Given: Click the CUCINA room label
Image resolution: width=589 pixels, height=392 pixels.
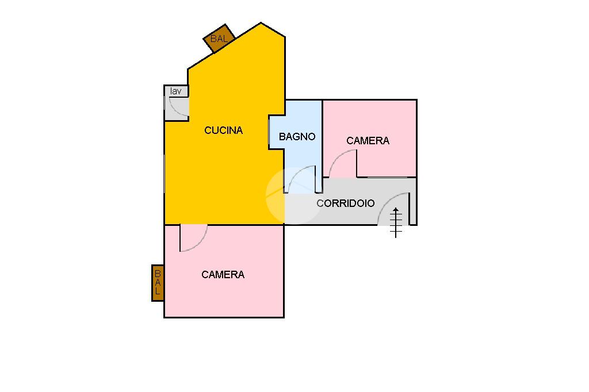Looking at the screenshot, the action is pos(223,130).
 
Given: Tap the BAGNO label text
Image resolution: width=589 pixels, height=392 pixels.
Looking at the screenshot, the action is pos(297,137).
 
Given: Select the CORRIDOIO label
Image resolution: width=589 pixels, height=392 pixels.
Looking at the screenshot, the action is pos(345,203).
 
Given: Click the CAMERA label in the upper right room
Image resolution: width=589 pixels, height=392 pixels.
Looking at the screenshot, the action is pos(368,141).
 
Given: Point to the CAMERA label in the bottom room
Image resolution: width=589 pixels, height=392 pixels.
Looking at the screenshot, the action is pos(223,275).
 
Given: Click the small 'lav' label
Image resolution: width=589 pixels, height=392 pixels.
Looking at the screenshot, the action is pos(175,91).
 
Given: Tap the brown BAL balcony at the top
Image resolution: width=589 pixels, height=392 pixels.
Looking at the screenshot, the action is pos(219,39).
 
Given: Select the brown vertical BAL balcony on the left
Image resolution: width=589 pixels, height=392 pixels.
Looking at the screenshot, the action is pos(158,283).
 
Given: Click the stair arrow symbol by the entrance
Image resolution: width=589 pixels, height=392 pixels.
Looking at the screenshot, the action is pos(396,222).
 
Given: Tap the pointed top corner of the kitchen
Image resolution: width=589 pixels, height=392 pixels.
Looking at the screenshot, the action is pos(261,24).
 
